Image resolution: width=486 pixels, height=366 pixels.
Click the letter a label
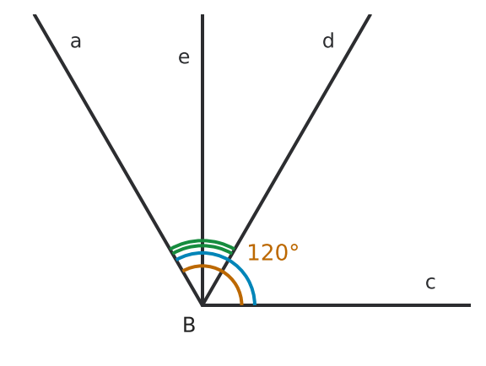(x=76, y=42)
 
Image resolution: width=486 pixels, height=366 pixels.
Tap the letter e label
(x=184, y=57)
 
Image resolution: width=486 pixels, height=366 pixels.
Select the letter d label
(x=328, y=40)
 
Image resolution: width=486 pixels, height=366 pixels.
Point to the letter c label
(x=430, y=283)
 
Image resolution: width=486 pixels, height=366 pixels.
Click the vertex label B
(x=189, y=325)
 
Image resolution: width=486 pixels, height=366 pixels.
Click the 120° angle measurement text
(x=273, y=253)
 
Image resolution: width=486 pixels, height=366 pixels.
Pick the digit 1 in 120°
(x=253, y=253)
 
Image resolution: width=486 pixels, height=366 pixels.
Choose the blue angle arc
(x=240, y=268)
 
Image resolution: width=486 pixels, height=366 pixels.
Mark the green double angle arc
(x=202, y=243)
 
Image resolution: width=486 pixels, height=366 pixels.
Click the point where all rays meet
(x=202, y=305)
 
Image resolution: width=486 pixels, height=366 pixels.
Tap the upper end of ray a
(x=35, y=14)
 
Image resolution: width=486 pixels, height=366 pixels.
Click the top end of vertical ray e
(x=202, y=14)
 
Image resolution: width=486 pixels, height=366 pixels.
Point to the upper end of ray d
(x=370, y=14)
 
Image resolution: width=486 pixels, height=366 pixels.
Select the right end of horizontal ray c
(x=471, y=305)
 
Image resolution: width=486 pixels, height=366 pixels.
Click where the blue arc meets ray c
(x=255, y=305)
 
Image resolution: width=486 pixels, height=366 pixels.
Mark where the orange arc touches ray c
(x=242, y=305)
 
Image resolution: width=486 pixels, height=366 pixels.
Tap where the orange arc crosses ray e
(x=202, y=266)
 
